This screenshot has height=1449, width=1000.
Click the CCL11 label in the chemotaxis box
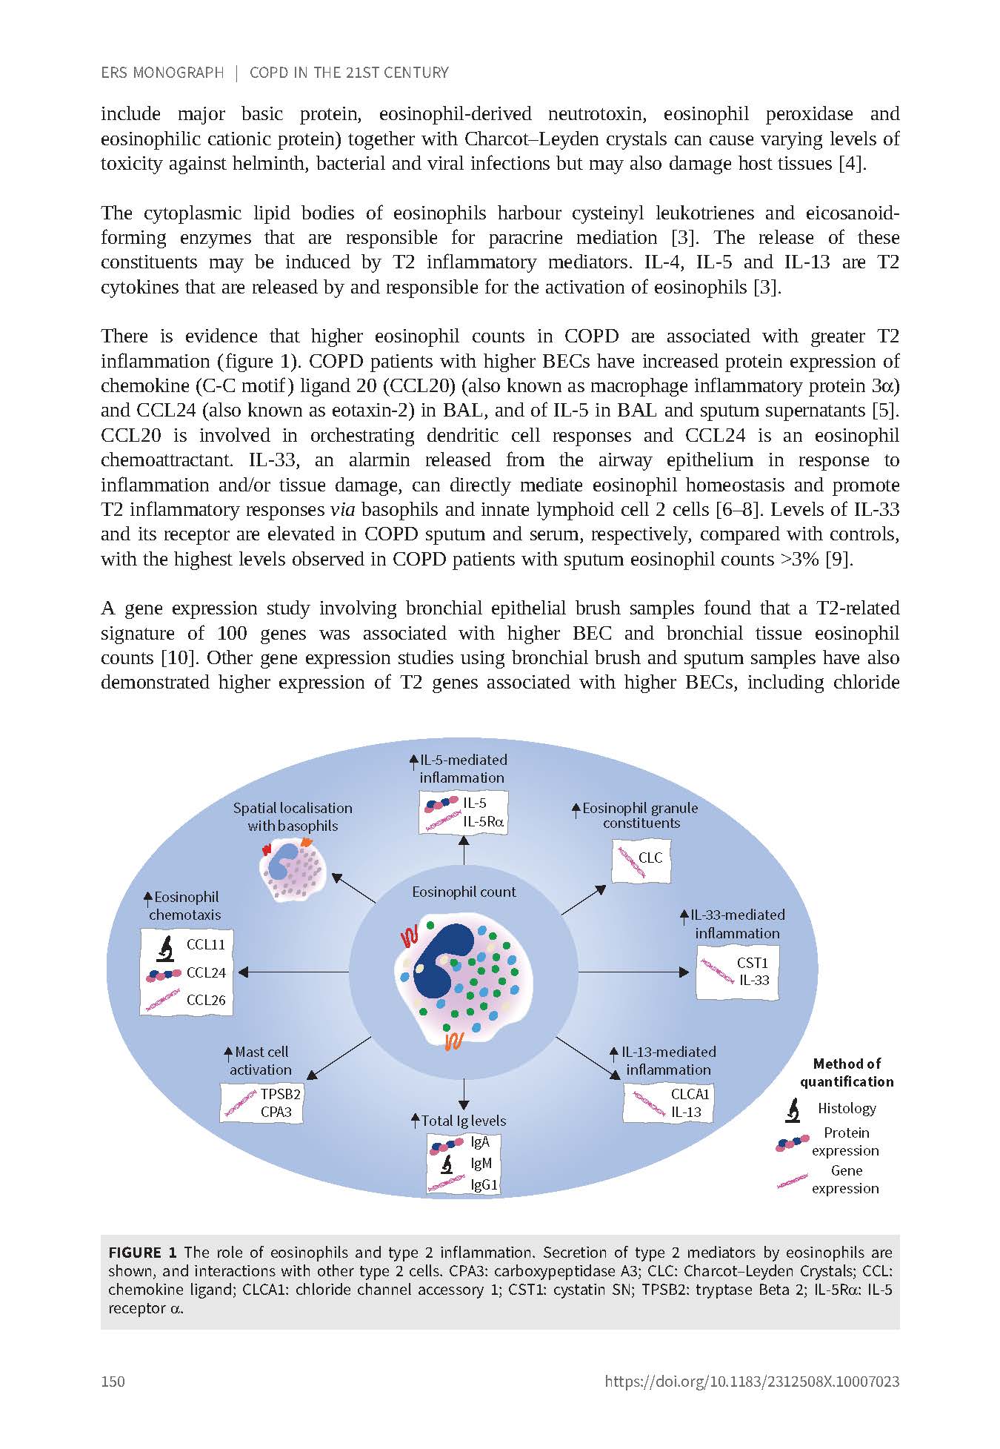pyautogui.click(x=205, y=944)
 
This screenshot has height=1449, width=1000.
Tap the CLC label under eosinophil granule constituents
pyautogui.click(x=650, y=858)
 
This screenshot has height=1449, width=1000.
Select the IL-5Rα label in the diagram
pyautogui.click(x=484, y=821)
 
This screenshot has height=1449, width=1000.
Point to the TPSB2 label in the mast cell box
pyautogui.click(x=281, y=1094)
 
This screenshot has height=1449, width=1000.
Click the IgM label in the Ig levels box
pyautogui.click(x=481, y=1164)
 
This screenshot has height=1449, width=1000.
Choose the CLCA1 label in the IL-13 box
pyautogui.click(x=690, y=1094)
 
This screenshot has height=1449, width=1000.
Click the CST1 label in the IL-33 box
pyautogui.click(x=753, y=963)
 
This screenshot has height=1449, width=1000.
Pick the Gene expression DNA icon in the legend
pyautogui.click(x=792, y=1180)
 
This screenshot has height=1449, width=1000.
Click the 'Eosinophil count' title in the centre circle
pyautogui.click(x=464, y=892)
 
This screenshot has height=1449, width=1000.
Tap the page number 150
pyautogui.click(x=113, y=1381)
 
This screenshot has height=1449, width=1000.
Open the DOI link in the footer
pyautogui.click(x=752, y=1381)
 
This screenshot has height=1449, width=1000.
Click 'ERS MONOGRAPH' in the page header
pyautogui.click(x=161, y=73)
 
